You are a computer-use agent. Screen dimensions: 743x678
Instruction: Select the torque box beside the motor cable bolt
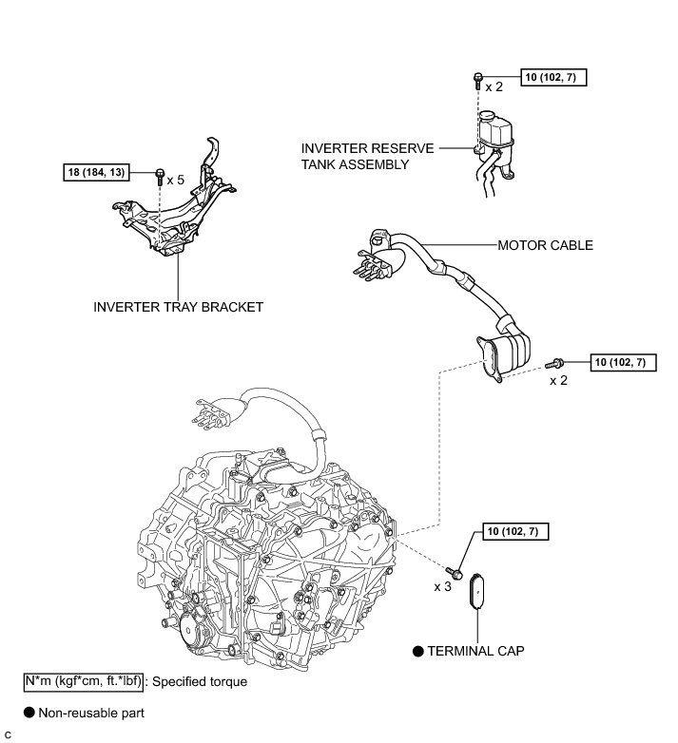pos(624,362)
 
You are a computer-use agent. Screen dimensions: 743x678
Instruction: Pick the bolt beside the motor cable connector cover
pos(555,362)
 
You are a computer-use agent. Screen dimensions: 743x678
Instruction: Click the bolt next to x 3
pos(457,574)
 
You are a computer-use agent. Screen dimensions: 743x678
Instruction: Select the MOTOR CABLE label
pos(545,245)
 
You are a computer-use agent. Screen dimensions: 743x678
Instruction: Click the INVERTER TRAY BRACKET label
pos(178,307)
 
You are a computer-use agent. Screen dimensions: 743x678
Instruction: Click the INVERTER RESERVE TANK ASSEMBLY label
pos(367,157)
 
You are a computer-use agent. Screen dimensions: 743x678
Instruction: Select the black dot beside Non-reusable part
pos(29,712)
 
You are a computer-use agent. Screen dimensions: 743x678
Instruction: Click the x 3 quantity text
pos(442,587)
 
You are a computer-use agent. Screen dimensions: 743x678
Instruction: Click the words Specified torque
pos(201,681)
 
